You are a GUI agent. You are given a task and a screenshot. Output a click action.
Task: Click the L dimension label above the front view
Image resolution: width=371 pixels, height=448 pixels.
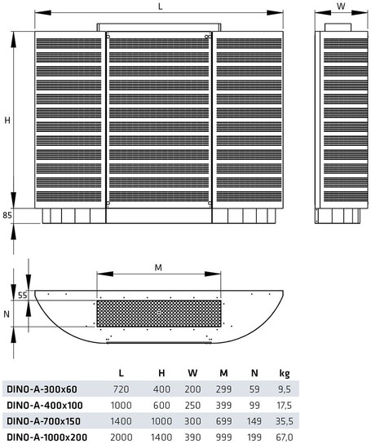160,7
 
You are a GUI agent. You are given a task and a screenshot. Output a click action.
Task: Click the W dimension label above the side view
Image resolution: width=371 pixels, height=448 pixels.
341,6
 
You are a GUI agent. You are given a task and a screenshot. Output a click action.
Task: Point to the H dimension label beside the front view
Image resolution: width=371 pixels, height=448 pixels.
7,121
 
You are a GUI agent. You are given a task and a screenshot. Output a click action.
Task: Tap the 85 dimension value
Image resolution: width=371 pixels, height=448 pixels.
7,215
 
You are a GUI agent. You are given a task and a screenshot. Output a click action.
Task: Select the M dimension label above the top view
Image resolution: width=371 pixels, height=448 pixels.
158,267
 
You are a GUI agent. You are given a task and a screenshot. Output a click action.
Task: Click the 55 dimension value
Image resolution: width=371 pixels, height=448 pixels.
23,295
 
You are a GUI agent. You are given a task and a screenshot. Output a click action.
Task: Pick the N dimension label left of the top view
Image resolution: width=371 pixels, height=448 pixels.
7,314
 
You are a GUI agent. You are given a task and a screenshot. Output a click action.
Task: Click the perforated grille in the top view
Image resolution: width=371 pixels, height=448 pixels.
159,314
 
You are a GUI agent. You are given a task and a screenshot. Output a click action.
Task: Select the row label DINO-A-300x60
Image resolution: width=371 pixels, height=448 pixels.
42,389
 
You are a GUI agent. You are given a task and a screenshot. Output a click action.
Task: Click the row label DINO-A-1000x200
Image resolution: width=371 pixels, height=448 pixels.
47,437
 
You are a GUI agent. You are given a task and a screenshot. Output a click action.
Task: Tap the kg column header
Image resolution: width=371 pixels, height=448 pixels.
285,373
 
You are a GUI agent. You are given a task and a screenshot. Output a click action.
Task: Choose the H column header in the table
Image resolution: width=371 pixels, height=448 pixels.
161,373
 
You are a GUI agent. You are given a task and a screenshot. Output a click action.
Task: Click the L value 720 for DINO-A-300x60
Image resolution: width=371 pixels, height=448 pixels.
121,389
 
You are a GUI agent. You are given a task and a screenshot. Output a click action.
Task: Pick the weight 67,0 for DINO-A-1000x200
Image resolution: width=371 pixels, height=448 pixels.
285,437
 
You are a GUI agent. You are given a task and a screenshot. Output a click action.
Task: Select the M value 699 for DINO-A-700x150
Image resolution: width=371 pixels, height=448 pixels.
223,421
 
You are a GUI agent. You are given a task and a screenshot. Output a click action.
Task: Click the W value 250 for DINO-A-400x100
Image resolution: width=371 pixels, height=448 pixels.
192,405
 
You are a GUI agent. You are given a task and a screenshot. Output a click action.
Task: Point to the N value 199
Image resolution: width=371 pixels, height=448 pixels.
254,437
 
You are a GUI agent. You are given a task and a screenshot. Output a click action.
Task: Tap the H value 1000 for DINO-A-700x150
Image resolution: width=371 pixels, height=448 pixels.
161,421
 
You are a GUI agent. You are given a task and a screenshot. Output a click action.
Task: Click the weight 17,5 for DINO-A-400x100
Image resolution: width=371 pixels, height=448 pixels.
285,405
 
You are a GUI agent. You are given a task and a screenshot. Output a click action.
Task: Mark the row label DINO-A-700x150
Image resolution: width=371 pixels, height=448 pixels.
43,421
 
